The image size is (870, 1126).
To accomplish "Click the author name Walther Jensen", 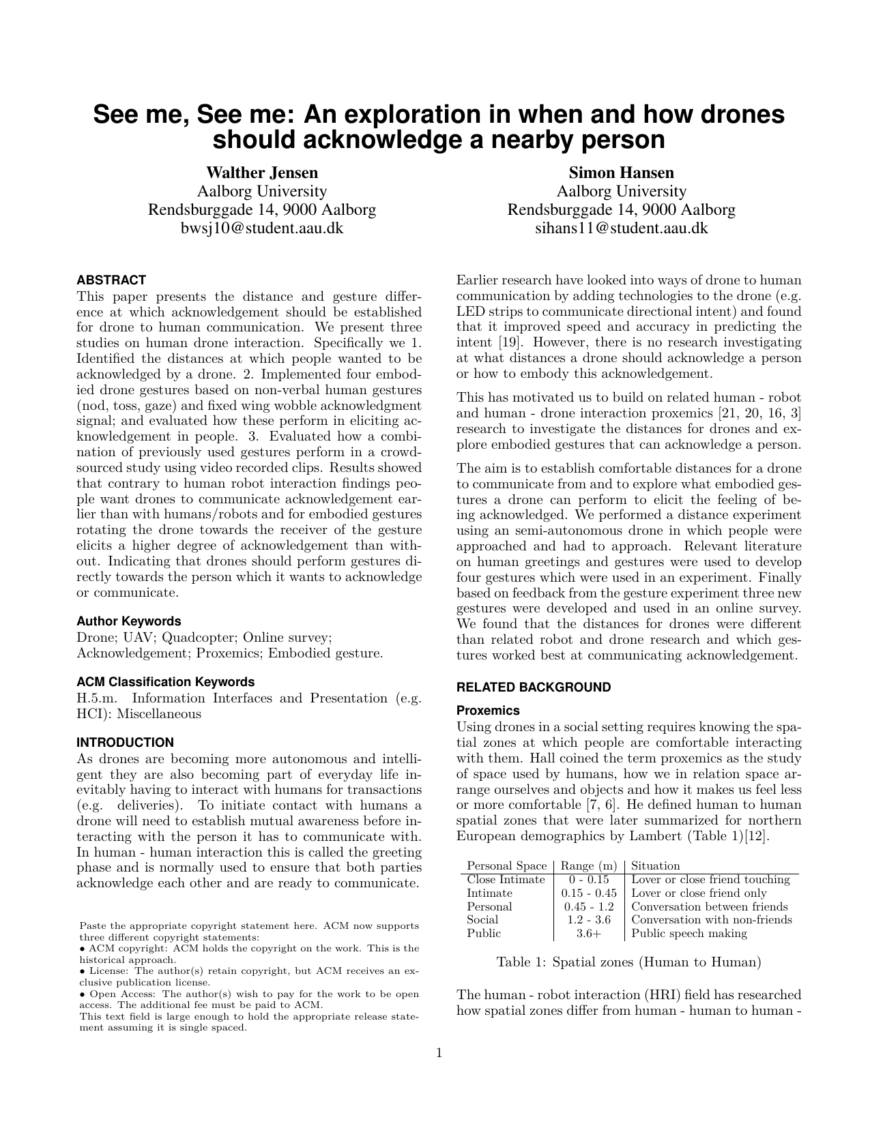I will click(x=262, y=173).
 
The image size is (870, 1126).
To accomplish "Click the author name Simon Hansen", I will click(x=621, y=173).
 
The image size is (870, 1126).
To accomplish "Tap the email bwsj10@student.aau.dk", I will click(x=262, y=228).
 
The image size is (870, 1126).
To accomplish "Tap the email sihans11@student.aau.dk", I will click(x=621, y=228).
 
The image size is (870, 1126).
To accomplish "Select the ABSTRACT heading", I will click(x=111, y=280).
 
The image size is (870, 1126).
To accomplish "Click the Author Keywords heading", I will click(x=129, y=621).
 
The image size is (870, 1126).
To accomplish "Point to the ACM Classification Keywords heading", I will click(x=166, y=682).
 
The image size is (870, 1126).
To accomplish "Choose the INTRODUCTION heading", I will click(x=125, y=743).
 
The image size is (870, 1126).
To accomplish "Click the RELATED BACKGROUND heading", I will click(x=534, y=687).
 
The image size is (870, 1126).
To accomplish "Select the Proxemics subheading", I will click(x=488, y=711).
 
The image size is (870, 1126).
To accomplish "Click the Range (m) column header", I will click(x=589, y=866).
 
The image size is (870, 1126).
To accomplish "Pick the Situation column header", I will click(x=656, y=866).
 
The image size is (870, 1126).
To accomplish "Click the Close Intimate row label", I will click(x=506, y=880).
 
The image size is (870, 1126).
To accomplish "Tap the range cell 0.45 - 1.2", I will click(x=589, y=907).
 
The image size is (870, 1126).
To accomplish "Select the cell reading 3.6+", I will click(x=589, y=934).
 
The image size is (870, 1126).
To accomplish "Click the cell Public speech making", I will click(x=689, y=934).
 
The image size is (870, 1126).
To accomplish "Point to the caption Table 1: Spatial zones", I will click(x=628, y=962).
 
